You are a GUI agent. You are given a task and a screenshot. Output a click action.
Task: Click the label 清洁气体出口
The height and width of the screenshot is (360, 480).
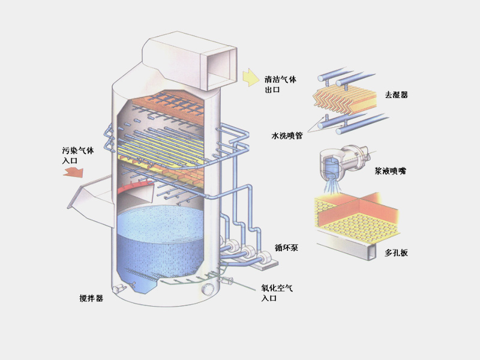tap(281, 84)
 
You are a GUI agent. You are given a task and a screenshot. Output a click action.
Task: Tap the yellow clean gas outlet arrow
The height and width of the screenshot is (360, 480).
tap(249, 77)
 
